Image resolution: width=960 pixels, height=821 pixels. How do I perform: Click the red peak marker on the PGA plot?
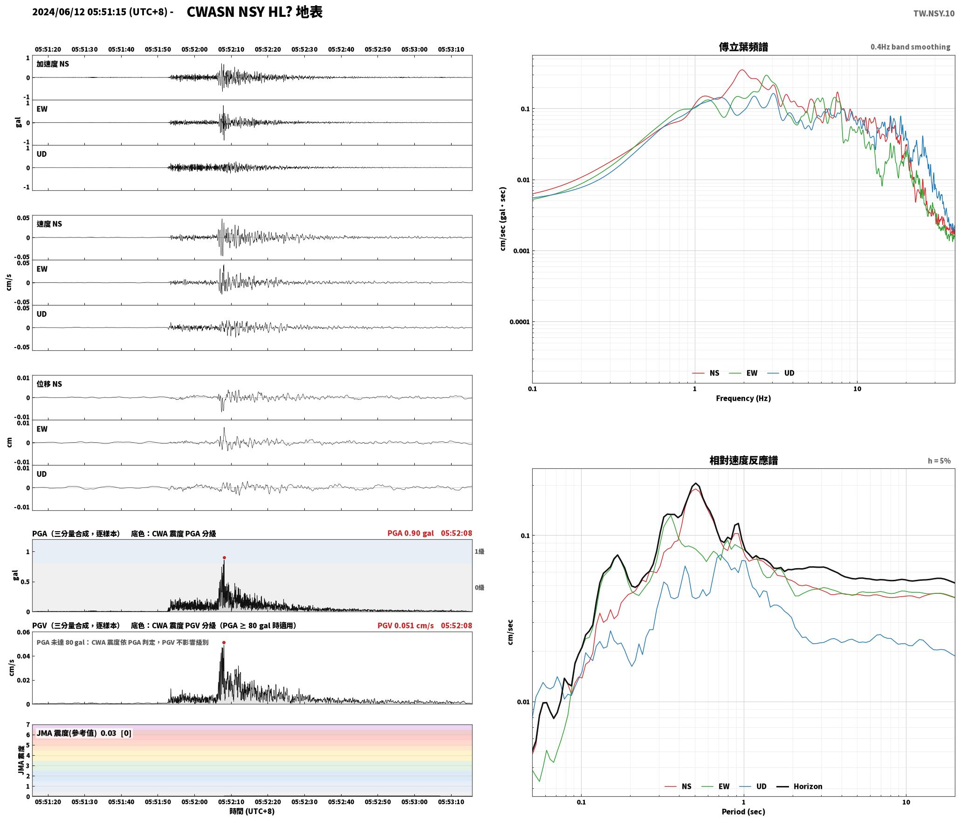point(224,557)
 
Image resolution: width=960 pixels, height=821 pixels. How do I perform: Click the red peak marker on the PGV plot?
point(224,642)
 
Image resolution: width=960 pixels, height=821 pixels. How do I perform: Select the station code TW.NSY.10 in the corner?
point(933,14)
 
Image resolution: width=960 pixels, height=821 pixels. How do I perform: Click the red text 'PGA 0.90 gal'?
point(410,533)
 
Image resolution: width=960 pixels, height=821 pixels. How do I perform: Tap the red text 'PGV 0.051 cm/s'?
point(405,626)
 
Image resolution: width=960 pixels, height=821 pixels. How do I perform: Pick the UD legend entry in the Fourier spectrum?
point(781,373)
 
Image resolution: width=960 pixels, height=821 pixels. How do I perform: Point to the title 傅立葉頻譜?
point(743,47)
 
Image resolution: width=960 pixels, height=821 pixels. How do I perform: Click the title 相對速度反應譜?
point(743,460)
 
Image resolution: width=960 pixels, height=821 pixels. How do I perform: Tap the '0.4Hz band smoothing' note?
point(910,47)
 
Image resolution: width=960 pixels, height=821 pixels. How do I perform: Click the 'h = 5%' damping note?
point(939,461)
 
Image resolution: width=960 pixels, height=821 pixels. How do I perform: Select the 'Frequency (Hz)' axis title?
point(743,398)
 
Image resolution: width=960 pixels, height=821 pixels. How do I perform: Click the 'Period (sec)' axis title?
point(743,812)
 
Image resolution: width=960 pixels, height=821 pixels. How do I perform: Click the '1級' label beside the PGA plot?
point(480,551)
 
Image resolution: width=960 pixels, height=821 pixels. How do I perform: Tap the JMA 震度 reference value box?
point(84,733)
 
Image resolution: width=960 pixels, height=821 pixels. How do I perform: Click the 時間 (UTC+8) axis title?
point(252,811)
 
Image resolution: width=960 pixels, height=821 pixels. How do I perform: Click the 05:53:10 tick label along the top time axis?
point(451,49)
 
